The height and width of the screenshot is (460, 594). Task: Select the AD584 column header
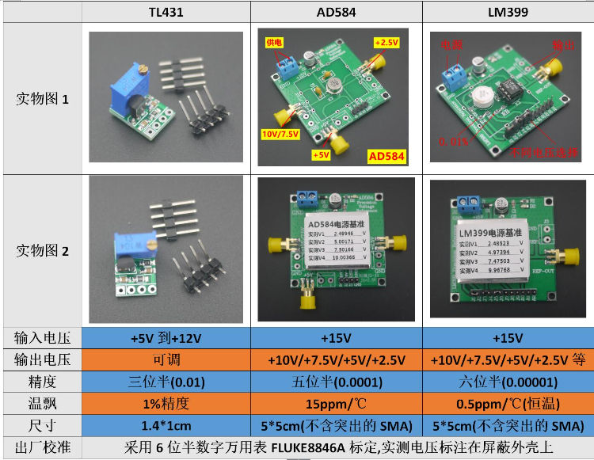pyautogui.click(x=336, y=12)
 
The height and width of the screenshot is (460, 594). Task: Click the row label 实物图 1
pyautogui.click(x=43, y=99)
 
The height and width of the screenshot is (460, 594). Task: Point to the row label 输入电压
pyautogui.click(x=43, y=338)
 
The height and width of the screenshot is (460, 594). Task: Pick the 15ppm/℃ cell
pyautogui.click(x=336, y=403)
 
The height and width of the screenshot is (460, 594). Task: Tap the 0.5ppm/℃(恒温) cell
pyautogui.click(x=507, y=403)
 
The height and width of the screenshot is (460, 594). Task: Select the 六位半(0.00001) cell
pyautogui.click(x=507, y=382)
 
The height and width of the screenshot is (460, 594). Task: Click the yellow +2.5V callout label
pyautogui.click(x=385, y=43)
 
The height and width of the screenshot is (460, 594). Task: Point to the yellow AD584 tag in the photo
pyautogui.click(x=386, y=156)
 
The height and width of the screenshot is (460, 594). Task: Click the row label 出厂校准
pyautogui.click(x=43, y=447)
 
